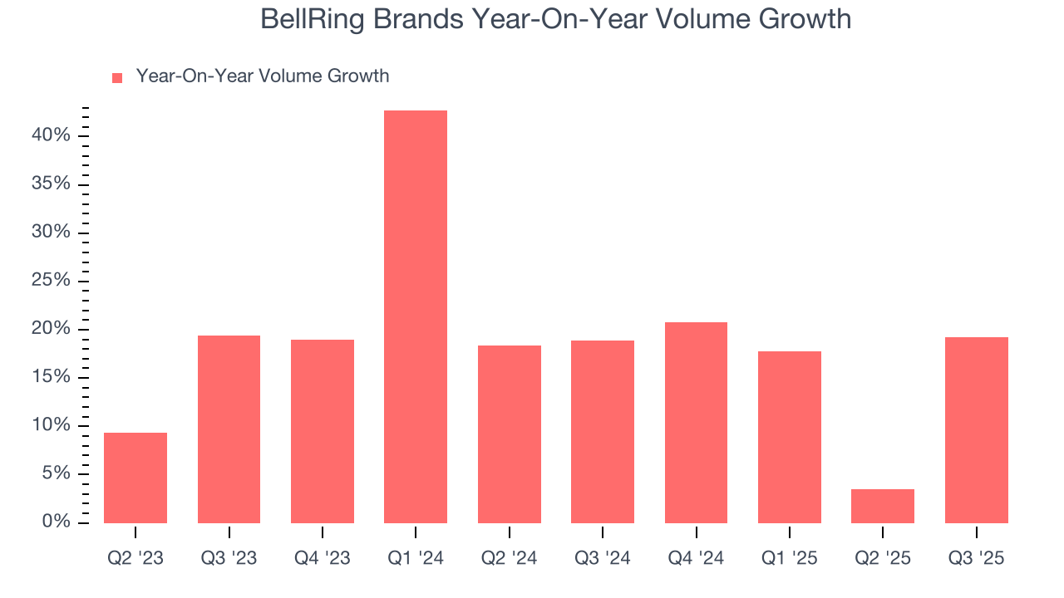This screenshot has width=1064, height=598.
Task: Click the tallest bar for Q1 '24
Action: pyautogui.click(x=416, y=316)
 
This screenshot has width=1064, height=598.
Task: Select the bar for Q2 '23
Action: pyautogui.click(x=135, y=478)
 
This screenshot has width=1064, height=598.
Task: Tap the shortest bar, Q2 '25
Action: pyautogui.click(x=883, y=506)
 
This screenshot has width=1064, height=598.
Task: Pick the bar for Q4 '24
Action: pyautogui.click(x=696, y=422)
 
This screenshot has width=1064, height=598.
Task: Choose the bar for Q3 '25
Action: pyautogui.click(x=977, y=429)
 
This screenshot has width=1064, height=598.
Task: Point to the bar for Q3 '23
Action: pyautogui.click(x=229, y=429)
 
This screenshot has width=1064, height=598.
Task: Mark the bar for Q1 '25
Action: pyautogui.click(x=790, y=437)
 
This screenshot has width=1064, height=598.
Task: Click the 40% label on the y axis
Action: pyautogui.click(x=51, y=135)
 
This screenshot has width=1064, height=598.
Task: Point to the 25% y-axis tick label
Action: pyautogui.click(x=51, y=280)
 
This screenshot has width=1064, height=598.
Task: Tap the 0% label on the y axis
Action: pyautogui.click(x=56, y=522)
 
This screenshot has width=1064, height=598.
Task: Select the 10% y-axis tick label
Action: pyautogui.click(x=51, y=425)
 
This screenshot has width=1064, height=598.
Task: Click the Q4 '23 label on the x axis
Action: pyautogui.click(x=323, y=558)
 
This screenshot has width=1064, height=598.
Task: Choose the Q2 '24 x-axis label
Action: pyautogui.click(x=509, y=558)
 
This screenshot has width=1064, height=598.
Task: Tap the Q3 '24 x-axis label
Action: pyautogui.click(x=603, y=558)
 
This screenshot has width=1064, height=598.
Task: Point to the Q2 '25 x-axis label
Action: pyautogui.click(x=883, y=558)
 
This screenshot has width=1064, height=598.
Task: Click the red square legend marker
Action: pyautogui.click(x=117, y=77)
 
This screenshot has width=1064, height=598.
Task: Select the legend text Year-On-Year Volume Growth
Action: pyautogui.click(x=263, y=76)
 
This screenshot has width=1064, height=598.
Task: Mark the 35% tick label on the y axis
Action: pyautogui.click(x=51, y=184)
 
